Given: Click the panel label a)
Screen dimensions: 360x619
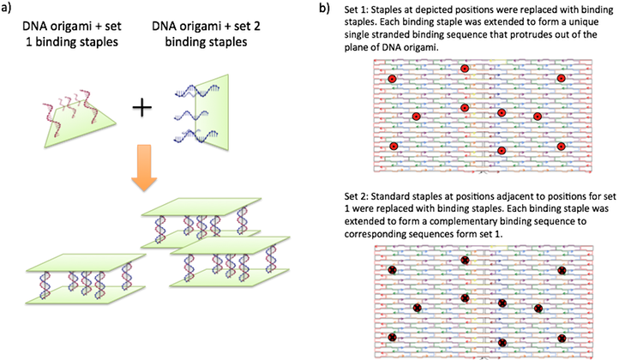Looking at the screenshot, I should [9, 9].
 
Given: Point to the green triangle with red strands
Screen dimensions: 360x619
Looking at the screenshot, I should [69, 116].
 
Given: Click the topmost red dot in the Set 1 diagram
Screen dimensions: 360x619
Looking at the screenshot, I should [465, 69].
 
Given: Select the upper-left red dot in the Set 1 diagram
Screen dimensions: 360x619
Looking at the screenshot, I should [393, 79].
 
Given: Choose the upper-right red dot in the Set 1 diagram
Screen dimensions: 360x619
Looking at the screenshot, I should [561, 79].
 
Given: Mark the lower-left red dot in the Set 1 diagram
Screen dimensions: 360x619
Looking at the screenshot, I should [394, 147].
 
